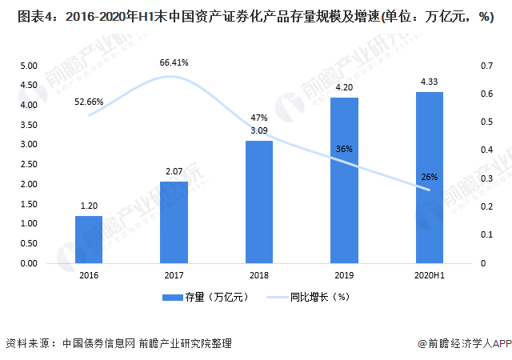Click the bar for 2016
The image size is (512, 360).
[89, 239]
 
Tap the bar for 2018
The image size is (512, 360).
[258, 202]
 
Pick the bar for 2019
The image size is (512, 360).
[345, 180]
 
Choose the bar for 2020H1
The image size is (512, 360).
[430, 178]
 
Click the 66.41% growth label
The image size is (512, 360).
[174, 62]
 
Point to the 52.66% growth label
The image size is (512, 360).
[89, 102]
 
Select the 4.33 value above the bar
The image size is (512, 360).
[430, 81]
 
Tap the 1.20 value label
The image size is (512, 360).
[89, 205]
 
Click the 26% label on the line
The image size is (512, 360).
[430, 177]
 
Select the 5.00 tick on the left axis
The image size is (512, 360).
[28, 66]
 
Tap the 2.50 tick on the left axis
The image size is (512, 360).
[28, 164]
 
